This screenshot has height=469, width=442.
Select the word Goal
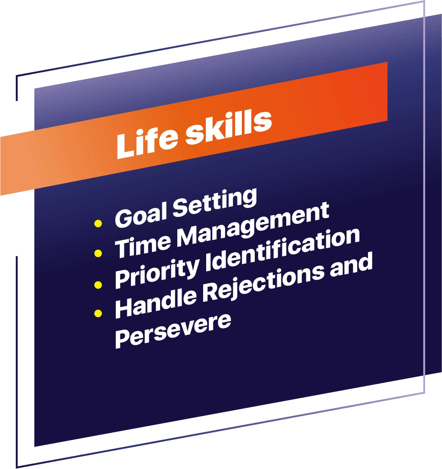point(140,215)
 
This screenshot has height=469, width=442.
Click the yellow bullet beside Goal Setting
point(98,223)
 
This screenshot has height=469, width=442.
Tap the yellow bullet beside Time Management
point(98,253)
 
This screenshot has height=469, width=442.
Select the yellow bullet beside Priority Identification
point(98,285)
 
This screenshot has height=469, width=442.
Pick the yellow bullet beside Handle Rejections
point(98,313)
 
